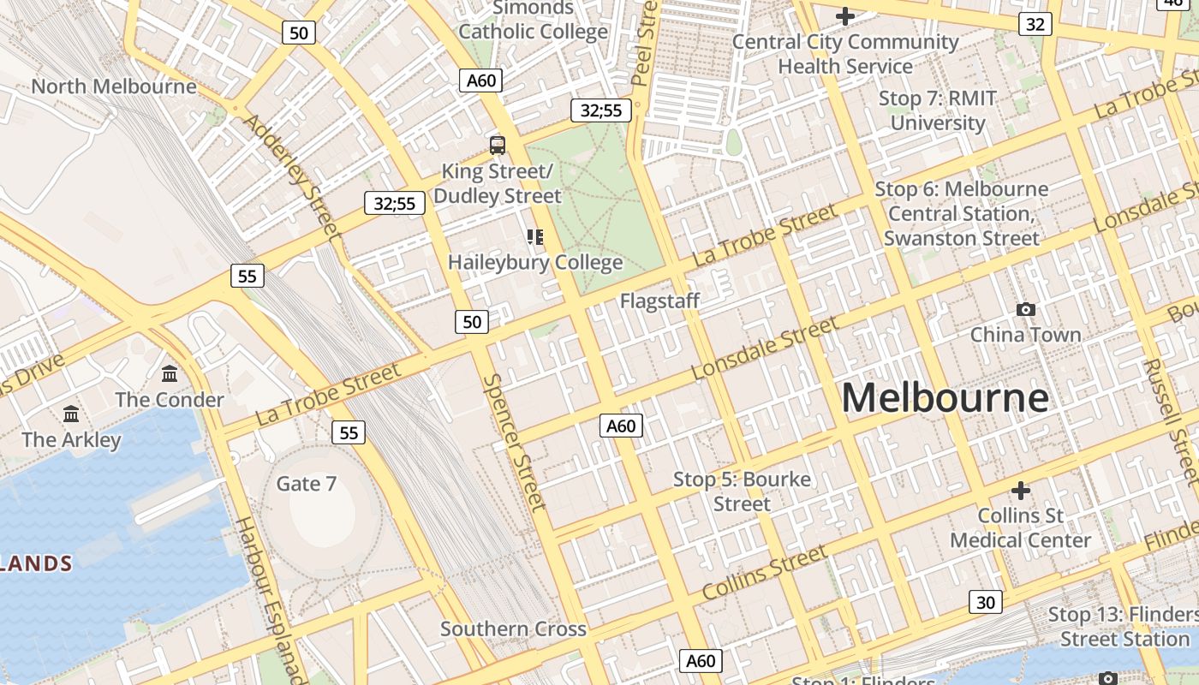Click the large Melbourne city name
(945, 398)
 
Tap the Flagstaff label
(659, 301)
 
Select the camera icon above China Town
(1025, 309)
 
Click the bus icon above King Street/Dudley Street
(497, 145)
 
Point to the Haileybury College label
(535, 262)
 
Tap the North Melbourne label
(114, 86)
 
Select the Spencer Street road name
(513, 442)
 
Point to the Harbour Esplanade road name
(270, 599)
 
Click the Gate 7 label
(306, 484)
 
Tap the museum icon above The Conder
(170, 374)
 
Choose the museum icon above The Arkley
(71, 414)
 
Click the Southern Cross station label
(513, 628)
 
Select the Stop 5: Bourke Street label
(742, 491)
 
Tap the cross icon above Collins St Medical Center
(1020, 491)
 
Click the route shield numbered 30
(986, 602)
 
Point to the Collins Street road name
(765, 572)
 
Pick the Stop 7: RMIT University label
(938, 110)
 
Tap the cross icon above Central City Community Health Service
(845, 16)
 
